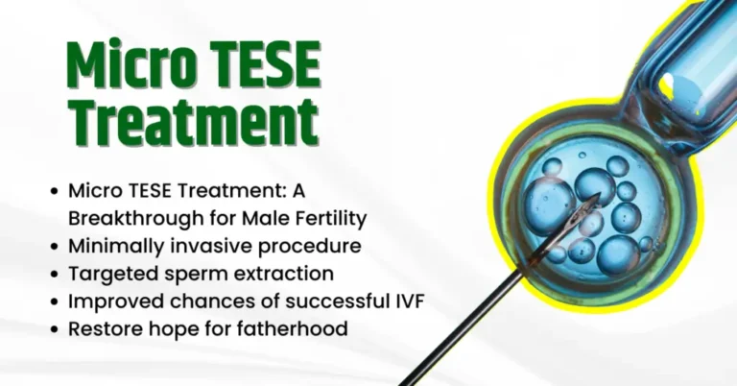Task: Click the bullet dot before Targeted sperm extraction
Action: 54,274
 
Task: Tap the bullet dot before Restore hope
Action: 54,327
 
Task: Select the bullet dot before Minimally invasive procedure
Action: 54,247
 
